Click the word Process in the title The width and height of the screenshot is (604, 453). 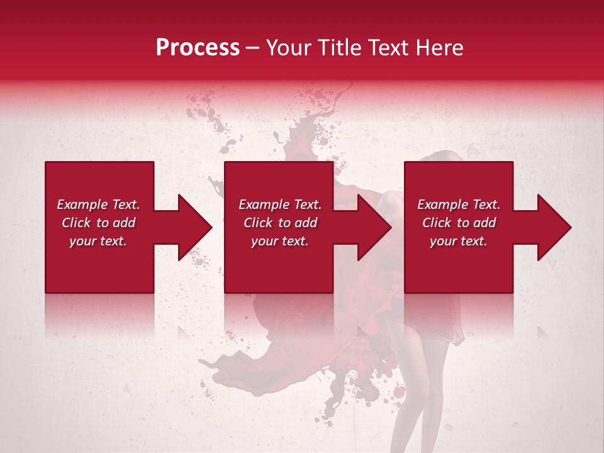coord(198,48)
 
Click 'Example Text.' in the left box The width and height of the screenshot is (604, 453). coord(98,204)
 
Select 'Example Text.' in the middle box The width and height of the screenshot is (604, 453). coord(280,204)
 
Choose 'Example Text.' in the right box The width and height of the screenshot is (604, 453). coord(459,204)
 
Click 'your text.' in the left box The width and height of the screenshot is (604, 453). coord(98,241)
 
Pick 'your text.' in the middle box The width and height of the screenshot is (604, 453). coord(280,241)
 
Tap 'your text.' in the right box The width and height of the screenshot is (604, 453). coord(459,241)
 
